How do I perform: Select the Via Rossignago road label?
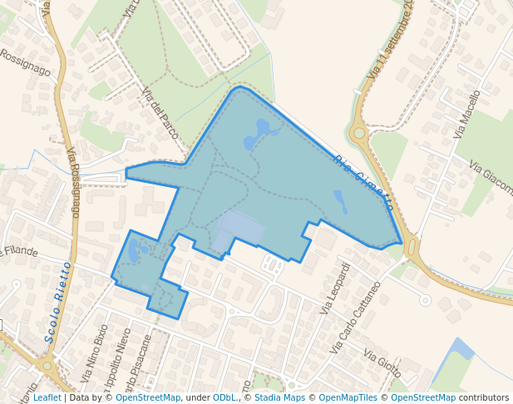pyautogui.click(x=73, y=182)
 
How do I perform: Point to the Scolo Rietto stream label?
pyautogui.click(x=58, y=302)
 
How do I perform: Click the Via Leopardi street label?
pyautogui.click(x=334, y=288)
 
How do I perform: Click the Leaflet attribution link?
pyautogui.click(x=47, y=398)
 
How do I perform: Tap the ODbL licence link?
pyautogui.click(x=225, y=398)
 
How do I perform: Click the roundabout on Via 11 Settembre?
pyautogui.click(x=359, y=131)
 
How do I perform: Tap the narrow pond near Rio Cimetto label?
pyautogui.click(x=339, y=200)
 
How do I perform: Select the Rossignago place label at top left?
pyautogui.click(x=25, y=62)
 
